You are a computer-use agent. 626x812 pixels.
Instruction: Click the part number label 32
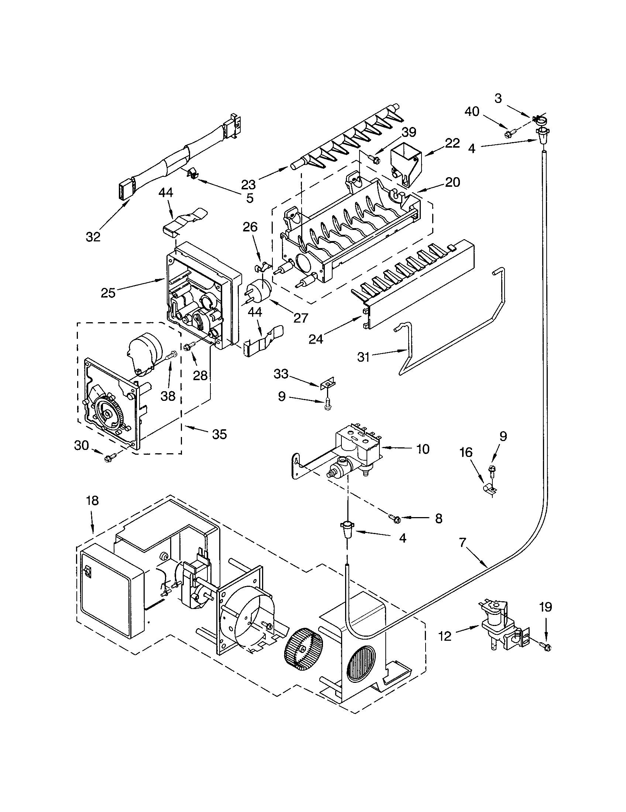pyautogui.click(x=93, y=237)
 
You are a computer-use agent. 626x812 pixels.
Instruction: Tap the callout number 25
pyautogui.click(x=108, y=293)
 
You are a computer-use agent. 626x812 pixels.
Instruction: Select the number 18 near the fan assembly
pyautogui.click(x=92, y=501)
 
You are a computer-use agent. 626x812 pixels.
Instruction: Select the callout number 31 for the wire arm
pyautogui.click(x=363, y=357)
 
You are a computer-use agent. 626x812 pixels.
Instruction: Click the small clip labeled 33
pyautogui.click(x=327, y=383)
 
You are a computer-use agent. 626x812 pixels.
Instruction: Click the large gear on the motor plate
pyautogui.click(x=108, y=412)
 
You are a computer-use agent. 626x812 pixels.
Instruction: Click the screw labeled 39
pyautogui.click(x=375, y=159)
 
